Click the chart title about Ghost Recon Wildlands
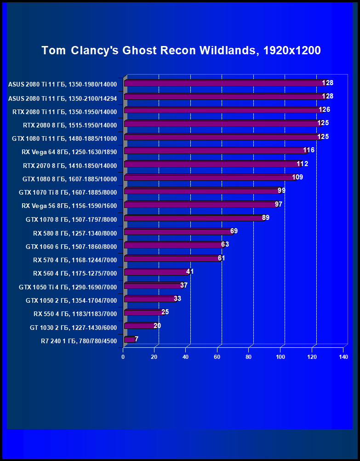[181, 50]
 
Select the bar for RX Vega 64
[214, 150]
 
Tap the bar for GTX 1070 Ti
[201, 190]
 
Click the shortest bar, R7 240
[129, 339]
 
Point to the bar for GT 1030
[140, 326]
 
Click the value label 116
[309, 150]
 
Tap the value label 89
[265, 218]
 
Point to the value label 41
[190, 271]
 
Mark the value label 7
[137, 339]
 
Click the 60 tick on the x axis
[217, 357]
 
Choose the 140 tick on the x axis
[343, 357]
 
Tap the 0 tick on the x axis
[123, 357]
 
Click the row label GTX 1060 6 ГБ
[71, 247]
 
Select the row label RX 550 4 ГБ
[75, 314]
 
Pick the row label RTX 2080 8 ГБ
[70, 125]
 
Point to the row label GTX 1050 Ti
[68, 287]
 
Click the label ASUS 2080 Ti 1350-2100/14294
[63, 98]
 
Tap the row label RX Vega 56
[69, 206]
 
